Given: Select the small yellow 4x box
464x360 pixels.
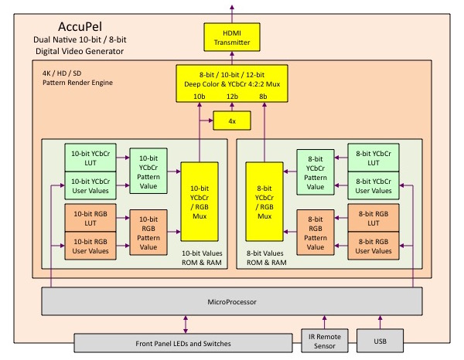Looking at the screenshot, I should (230, 121).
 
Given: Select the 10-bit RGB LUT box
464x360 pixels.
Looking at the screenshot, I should (90, 217).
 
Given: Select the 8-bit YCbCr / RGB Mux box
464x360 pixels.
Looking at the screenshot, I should (264, 201).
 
